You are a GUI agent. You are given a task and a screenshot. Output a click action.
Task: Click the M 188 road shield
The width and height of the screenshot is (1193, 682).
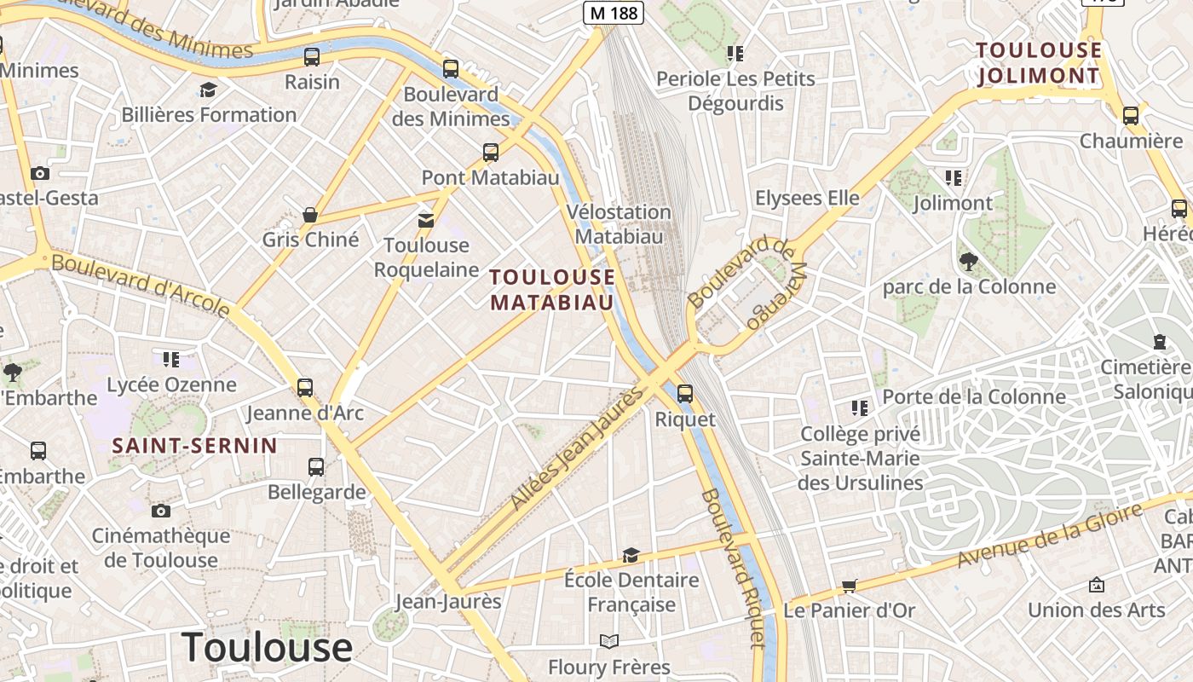[x=613, y=12]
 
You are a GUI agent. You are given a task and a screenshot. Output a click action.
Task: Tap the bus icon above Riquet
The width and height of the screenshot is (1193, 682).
[x=685, y=394]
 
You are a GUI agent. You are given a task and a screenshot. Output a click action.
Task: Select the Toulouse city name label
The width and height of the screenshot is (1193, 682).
[x=267, y=647]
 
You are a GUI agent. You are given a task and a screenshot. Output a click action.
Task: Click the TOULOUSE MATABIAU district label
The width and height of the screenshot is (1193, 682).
[x=552, y=290]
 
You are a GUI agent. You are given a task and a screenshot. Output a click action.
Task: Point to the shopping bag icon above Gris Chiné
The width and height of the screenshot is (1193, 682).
[x=310, y=215]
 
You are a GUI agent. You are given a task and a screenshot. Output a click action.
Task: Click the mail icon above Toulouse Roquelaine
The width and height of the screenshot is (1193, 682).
[x=426, y=221]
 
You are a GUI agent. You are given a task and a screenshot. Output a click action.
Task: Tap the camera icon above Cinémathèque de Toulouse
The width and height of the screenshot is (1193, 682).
[x=161, y=511]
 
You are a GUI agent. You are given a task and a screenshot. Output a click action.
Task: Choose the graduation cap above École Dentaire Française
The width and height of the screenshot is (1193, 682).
[x=631, y=556]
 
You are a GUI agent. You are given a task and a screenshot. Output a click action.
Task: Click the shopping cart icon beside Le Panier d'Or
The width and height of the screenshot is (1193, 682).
[x=849, y=586]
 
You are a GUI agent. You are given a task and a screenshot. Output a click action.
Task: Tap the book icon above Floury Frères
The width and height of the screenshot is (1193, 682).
[x=608, y=642]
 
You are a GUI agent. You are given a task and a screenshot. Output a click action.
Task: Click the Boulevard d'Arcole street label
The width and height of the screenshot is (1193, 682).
[x=141, y=284]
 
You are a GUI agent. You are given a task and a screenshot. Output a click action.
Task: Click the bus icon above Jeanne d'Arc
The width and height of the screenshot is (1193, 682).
[x=305, y=388]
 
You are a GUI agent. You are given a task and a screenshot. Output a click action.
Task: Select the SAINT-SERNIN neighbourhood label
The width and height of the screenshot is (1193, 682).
[x=195, y=446]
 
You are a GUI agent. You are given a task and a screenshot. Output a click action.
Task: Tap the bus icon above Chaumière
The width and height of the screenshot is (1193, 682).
[x=1131, y=116]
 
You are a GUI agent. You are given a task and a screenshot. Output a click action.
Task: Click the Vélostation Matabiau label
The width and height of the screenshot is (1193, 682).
[x=620, y=224]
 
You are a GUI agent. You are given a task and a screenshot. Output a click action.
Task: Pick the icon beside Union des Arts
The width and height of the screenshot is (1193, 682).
[x=1097, y=585]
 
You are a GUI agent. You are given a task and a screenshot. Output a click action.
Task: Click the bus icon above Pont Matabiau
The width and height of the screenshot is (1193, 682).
[x=491, y=153]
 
